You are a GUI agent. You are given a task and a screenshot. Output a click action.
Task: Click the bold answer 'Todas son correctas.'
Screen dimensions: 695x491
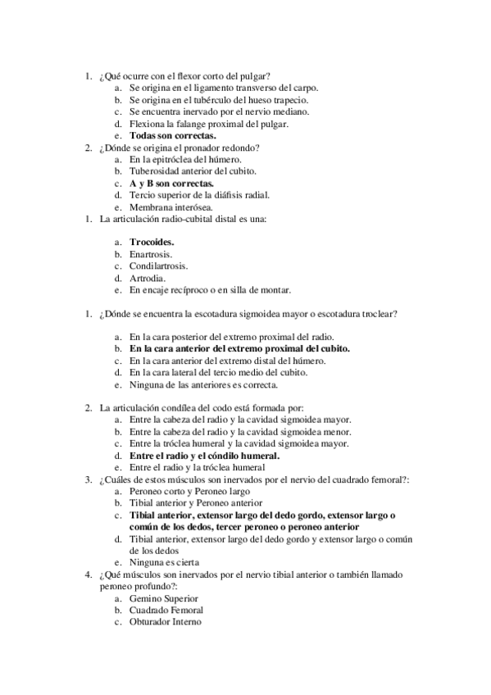tap(173, 135)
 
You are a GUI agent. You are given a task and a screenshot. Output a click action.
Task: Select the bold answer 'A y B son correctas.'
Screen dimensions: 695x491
tap(171, 184)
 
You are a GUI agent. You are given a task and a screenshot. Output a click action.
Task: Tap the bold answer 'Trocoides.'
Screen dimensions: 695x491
tap(152, 243)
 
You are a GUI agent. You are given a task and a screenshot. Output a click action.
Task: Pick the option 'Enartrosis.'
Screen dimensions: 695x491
tap(151, 254)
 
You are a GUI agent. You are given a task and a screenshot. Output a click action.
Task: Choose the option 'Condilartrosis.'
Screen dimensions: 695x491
tap(158, 266)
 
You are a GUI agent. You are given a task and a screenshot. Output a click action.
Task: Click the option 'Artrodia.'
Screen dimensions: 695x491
tap(148, 278)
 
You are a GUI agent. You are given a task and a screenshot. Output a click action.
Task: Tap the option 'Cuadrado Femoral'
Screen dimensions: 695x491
tap(166, 611)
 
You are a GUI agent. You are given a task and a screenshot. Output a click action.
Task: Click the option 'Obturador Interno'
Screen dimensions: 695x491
tap(166, 622)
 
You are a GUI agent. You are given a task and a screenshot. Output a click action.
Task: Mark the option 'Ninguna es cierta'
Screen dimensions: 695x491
tap(166, 563)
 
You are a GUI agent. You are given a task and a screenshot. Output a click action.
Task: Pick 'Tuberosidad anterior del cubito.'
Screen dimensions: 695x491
tap(193, 171)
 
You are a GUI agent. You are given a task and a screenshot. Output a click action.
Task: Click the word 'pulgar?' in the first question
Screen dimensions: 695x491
tap(256, 76)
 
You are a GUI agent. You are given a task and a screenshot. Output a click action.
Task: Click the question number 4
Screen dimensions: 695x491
tap(87, 575)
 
